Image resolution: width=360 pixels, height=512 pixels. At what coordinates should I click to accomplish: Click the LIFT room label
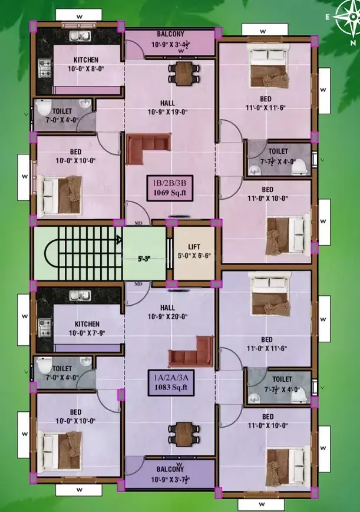coord(194,246)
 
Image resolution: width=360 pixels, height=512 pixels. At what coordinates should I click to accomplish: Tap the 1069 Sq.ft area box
coord(170,188)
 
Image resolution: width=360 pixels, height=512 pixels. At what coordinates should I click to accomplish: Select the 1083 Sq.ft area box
coord(171,383)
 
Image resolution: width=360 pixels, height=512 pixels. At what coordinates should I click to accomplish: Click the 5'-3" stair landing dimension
coord(144,259)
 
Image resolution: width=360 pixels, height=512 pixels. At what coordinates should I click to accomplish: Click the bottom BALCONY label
coord(170,469)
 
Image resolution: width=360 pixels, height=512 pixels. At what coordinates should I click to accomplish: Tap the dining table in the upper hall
coord(184,74)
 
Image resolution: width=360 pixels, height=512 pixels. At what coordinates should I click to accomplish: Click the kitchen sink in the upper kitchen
coord(80,36)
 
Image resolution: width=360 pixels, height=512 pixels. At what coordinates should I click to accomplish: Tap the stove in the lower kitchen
coord(45,328)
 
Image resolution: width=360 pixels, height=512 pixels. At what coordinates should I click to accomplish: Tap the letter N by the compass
coord(353,43)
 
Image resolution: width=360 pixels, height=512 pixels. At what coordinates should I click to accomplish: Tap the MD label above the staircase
coord(138,223)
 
